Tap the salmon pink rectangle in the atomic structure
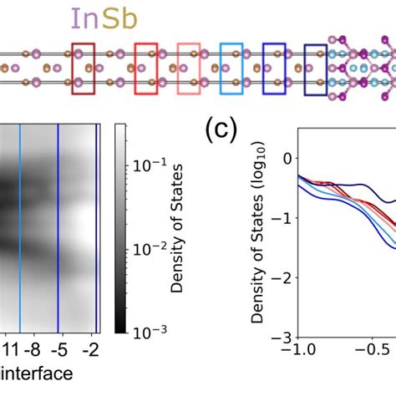[190, 67]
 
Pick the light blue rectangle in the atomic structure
[231, 67]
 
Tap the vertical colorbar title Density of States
[176, 226]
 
